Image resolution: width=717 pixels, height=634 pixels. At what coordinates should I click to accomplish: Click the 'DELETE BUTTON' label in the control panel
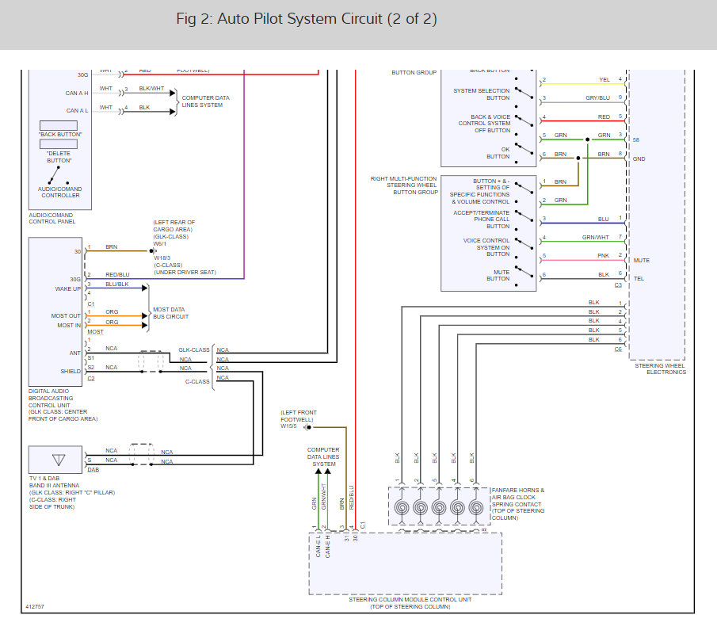(x=59, y=157)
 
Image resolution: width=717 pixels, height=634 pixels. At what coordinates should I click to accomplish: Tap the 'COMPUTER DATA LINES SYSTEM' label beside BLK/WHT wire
(x=205, y=101)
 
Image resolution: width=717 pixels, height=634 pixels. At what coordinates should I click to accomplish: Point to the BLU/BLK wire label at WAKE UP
(x=116, y=284)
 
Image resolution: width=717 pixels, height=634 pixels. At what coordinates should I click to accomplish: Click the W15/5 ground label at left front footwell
(x=289, y=426)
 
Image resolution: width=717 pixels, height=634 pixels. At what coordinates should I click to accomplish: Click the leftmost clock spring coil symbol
(x=401, y=507)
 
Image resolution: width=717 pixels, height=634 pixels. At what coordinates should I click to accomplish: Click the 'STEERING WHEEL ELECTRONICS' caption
(x=659, y=369)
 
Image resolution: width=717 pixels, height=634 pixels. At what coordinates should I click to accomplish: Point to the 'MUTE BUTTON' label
(x=498, y=275)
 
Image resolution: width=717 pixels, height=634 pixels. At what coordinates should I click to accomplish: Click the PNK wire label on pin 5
(x=604, y=256)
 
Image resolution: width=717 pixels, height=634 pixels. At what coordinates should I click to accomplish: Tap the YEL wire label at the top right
(x=604, y=80)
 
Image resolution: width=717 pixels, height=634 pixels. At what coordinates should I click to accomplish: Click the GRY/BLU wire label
(x=597, y=98)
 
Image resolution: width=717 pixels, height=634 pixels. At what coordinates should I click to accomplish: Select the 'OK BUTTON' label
(x=499, y=153)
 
